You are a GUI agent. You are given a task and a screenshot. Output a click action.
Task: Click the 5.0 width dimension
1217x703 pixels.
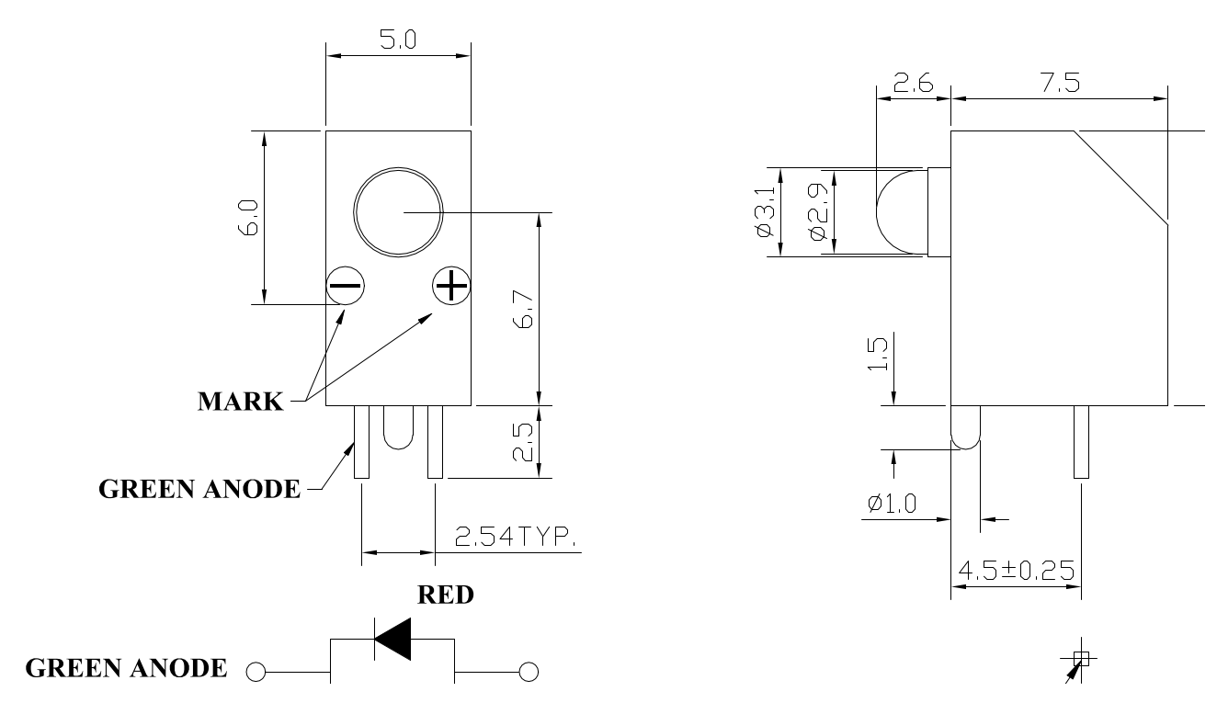[x=398, y=40]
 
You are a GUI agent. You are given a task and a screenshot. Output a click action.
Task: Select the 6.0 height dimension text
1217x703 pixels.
[x=248, y=217]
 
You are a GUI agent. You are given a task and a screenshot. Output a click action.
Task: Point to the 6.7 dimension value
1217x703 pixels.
[x=523, y=309]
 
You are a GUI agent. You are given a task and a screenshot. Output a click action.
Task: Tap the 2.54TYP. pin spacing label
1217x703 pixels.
[x=514, y=537]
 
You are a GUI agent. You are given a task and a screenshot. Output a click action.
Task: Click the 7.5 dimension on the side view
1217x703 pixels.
[x=1060, y=83]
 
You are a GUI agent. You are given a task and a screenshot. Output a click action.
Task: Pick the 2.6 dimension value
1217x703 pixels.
[x=913, y=83]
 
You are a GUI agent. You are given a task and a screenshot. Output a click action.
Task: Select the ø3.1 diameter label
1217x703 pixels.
[x=765, y=211]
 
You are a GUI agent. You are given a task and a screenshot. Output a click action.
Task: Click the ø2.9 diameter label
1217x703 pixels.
[x=818, y=211]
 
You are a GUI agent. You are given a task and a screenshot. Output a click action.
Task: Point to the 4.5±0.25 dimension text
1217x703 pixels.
[x=1016, y=571]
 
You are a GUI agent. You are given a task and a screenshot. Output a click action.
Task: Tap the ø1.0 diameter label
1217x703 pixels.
[x=893, y=504]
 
